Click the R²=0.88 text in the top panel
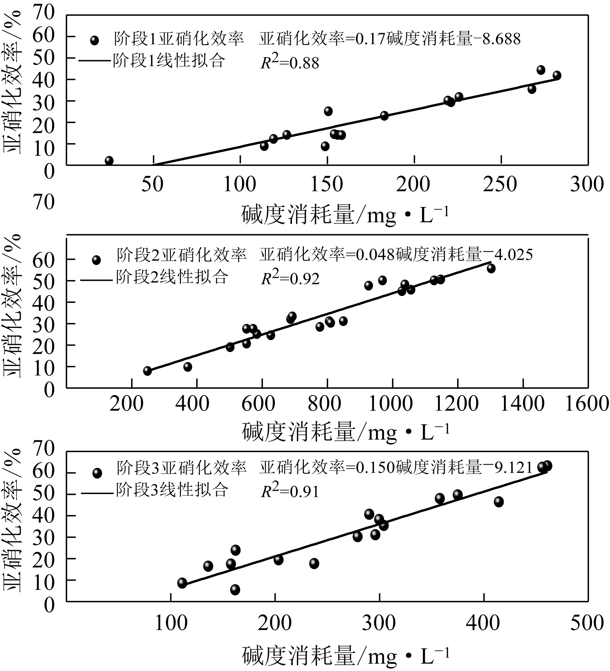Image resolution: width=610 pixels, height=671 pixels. [290, 62]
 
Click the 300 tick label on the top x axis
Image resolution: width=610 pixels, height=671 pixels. [587, 184]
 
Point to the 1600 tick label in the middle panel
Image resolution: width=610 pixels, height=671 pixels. [587, 404]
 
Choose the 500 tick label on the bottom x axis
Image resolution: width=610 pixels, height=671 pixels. [587, 623]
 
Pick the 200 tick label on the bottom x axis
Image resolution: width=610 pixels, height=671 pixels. [275, 623]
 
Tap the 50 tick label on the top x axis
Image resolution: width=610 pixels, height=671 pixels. [152, 184]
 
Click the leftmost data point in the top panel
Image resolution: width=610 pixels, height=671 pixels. [109, 161]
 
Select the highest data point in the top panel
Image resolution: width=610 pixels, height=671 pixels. [541, 70]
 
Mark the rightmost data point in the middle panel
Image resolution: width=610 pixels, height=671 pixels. [491, 269]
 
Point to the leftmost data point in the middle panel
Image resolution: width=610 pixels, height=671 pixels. [147, 371]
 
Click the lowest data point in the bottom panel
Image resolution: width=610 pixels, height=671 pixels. [235, 590]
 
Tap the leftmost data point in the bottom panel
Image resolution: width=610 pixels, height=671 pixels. [182, 583]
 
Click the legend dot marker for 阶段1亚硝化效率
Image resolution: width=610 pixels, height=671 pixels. [95, 40]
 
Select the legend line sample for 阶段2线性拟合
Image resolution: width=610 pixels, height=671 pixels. [96, 280]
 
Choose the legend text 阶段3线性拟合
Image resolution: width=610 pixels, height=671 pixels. [172, 490]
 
